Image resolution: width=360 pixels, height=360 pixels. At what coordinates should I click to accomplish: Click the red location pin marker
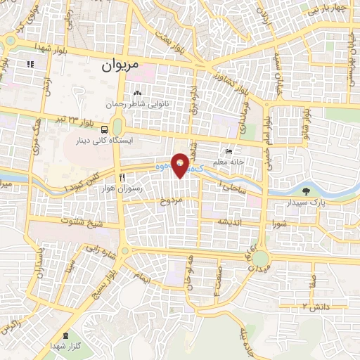pos(181,164)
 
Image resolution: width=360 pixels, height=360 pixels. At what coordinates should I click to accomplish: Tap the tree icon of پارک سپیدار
pos(306,191)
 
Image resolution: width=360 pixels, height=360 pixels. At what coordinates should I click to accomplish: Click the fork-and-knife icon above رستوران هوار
pos(122,178)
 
